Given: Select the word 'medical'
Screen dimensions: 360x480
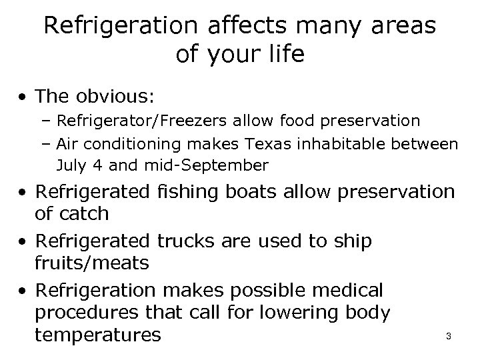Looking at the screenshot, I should (x=347, y=291).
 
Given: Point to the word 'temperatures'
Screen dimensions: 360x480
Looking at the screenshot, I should (x=97, y=334).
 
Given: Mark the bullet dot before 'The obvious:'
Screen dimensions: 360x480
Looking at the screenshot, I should (x=24, y=97).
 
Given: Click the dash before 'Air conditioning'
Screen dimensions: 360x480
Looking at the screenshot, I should (x=48, y=143).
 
